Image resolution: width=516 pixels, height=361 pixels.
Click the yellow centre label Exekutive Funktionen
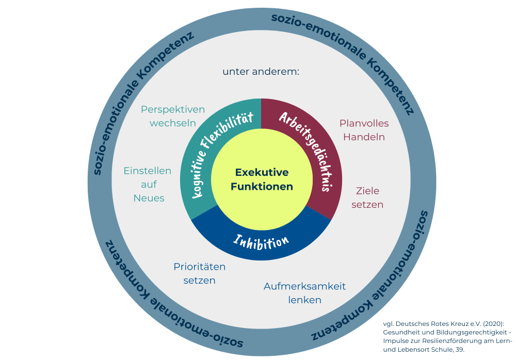click(x=262, y=179)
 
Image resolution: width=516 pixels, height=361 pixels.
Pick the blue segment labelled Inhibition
click(x=261, y=241)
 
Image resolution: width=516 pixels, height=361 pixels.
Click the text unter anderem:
click(x=261, y=72)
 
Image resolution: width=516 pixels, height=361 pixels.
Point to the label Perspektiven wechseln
click(x=173, y=116)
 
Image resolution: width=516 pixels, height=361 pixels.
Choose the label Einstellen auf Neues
click(x=148, y=184)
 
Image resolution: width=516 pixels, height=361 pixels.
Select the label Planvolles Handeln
click(x=364, y=130)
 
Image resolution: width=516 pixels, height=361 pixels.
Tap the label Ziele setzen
click(x=367, y=198)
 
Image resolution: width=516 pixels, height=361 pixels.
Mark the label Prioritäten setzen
click(x=199, y=273)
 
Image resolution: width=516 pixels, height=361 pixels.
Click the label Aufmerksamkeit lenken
click(x=304, y=293)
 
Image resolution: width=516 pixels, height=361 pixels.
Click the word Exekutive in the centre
click(x=262, y=172)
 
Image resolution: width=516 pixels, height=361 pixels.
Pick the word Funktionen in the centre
click(x=262, y=187)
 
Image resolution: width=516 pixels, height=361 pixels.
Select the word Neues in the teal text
click(x=149, y=198)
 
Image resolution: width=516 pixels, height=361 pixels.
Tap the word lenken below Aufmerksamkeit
click(x=304, y=300)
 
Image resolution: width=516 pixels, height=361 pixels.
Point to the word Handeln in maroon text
click(x=364, y=137)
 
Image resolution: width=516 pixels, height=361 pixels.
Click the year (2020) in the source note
click(x=489, y=323)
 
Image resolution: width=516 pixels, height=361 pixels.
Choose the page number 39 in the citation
click(x=459, y=350)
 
